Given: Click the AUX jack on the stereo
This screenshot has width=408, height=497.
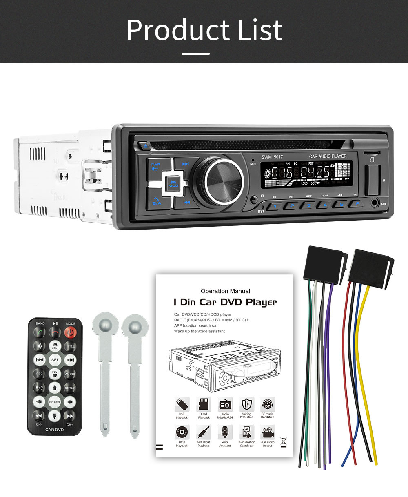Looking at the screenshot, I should pyautogui.click(x=375, y=202).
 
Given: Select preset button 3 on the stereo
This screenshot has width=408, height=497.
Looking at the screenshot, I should pyautogui.click(x=309, y=205).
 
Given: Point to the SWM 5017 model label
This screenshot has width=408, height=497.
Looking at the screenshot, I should pyautogui.click(x=272, y=157).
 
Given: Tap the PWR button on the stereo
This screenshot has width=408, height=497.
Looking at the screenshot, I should pyautogui.click(x=155, y=167).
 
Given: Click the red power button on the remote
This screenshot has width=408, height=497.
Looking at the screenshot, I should pyautogui.click(x=70, y=332).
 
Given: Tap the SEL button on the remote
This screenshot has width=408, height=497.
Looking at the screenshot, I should pyautogui.click(x=55, y=360).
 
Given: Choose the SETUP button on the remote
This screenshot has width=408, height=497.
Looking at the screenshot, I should pyautogui.click(x=70, y=388).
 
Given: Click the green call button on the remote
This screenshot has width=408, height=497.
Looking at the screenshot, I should pyautogui.click(x=40, y=332).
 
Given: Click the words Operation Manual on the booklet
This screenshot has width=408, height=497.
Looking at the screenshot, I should pyautogui.click(x=225, y=291).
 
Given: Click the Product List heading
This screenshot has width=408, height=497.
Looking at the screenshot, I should pyautogui.click(x=204, y=29).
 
